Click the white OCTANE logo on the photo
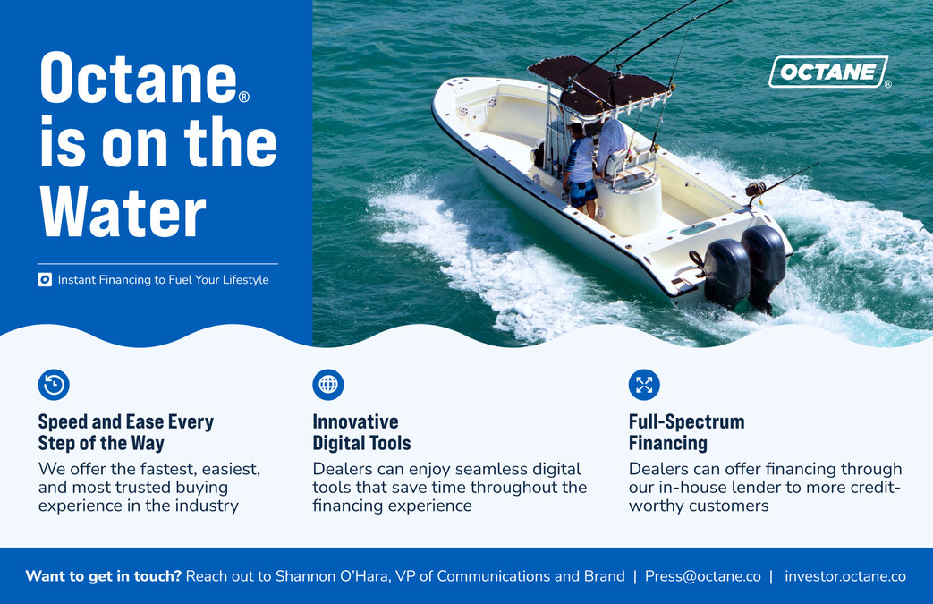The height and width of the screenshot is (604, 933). pyautogui.click(x=827, y=72)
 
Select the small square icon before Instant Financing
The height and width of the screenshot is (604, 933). pyautogui.click(x=45, y=280)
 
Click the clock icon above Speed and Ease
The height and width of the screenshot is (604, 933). pyautogui.click(x=54, y=385)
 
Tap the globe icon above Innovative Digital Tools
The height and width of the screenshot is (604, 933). pyautogui.click(x=328, y=385)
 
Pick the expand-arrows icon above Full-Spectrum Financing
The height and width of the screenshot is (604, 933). pyautogui.click(x=644, y=385)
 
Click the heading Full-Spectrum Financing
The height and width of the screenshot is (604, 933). pyautogui.click(x=686, y=432)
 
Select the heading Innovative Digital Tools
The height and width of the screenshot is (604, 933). pyautogui.click(x=361, y=432)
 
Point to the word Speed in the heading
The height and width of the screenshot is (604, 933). pyautogui.click(x=64, y=421)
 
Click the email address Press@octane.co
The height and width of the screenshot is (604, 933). pyautogui.click(x=702, y=576)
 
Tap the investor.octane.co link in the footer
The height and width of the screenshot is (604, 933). pyautogui.click(x=844, y=576)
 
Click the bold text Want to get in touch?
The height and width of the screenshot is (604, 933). pyautogui.click(x=103, y=576)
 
